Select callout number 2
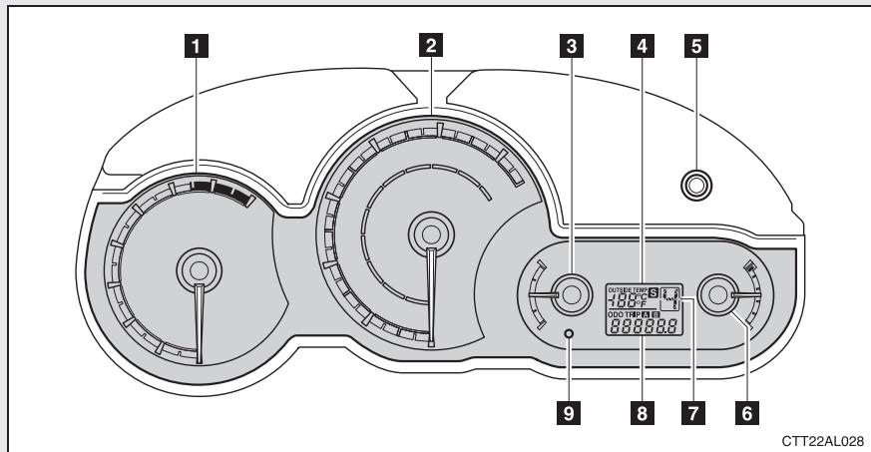[430, 44]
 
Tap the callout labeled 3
[570, 45]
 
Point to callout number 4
[642, 45]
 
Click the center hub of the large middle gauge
[430, 232]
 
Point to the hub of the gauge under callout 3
[570, 293]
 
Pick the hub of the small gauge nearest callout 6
[716, 293]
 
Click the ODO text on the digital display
[615, 313]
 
